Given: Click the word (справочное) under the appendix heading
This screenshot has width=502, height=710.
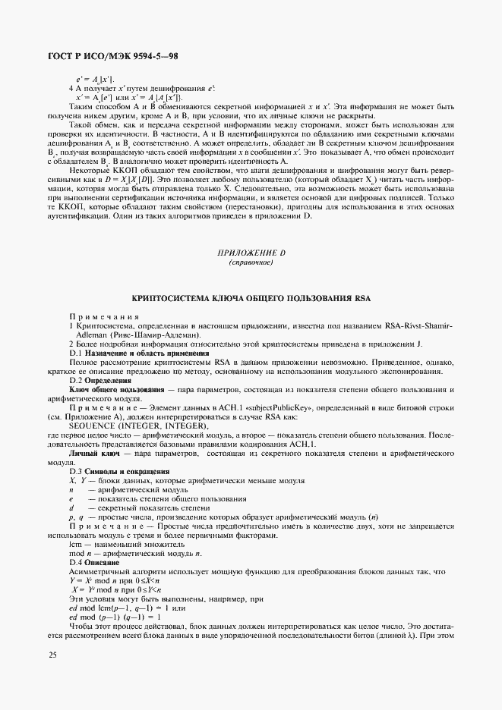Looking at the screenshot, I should coord(251,262).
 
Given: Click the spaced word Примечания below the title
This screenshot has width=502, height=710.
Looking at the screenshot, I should coord(104,316).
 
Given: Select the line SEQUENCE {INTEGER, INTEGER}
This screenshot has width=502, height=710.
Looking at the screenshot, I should coord(137,426).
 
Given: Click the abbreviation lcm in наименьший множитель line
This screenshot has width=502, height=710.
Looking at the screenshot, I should coord(74,545).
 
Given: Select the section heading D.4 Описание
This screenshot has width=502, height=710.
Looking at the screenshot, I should coord(94,563).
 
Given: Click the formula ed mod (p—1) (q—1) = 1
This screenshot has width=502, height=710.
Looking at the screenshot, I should coord(114,617).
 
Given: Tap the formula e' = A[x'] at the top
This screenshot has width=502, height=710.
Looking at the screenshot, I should coord(95,79).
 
